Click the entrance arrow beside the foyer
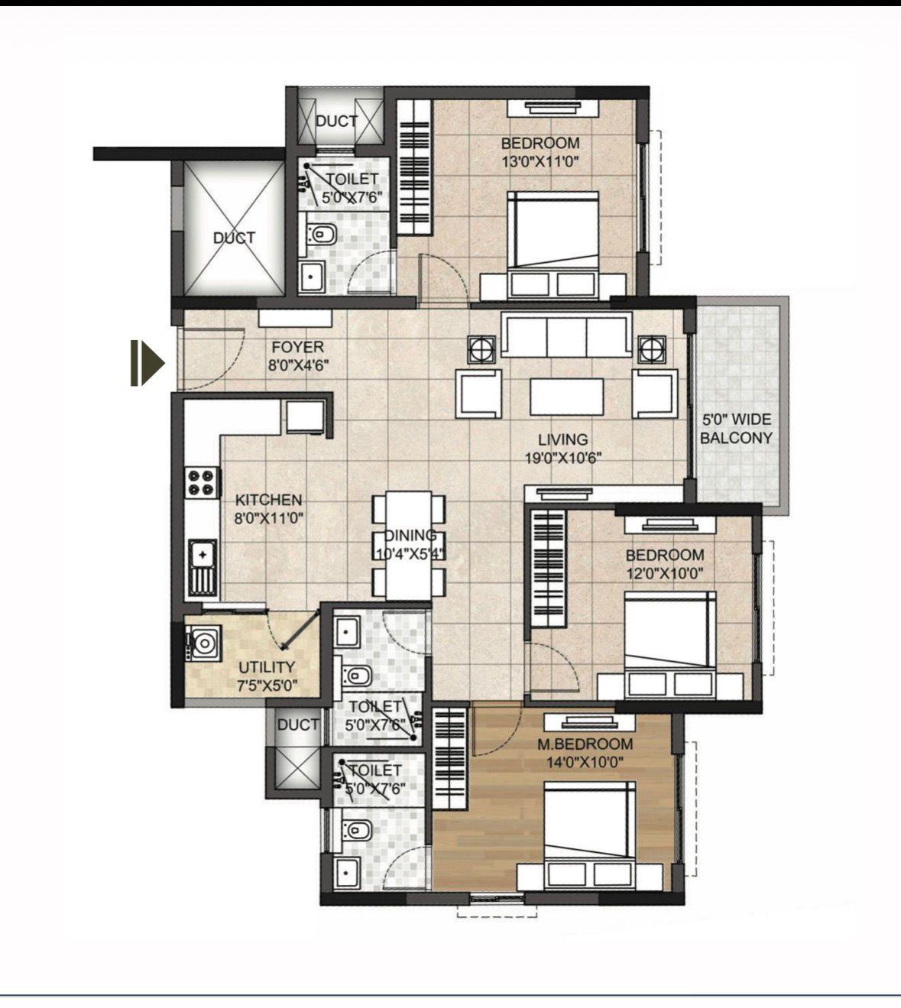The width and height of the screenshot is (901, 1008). pyautogui.click(x=147, y=364)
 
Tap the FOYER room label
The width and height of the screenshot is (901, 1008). pyautogui.click(x=297, y=347)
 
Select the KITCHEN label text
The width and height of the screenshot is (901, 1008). pyautogui.click(x=269, y=500)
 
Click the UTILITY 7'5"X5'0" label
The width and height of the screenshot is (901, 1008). pyautogui.click(x=267, y=676)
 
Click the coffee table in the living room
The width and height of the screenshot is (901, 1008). pyautogui.click(x=567, y=397)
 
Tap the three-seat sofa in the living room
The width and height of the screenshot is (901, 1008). pyautogui.click(x=566, y=334)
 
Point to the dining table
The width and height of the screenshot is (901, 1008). pyautogui.click(x=409, y=546)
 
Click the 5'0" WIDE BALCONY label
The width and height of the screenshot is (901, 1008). pyautogui.click(x=737, y=429)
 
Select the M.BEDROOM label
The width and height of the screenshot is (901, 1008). pyautogui.click(x=585, y=744)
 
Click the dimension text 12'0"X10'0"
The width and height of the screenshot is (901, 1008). pyautogui.click(x=664, y=574)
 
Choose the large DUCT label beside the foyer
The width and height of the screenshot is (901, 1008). pyautogui.click(x=235, y=238)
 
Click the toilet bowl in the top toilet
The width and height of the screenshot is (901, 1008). pyautogui.click(x=322, y=235)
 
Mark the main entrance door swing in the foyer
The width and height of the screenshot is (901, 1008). pyautogui.click(x=212, y=358)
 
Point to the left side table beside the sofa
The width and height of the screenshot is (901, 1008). pyautogui.click(x=481, y=349)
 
